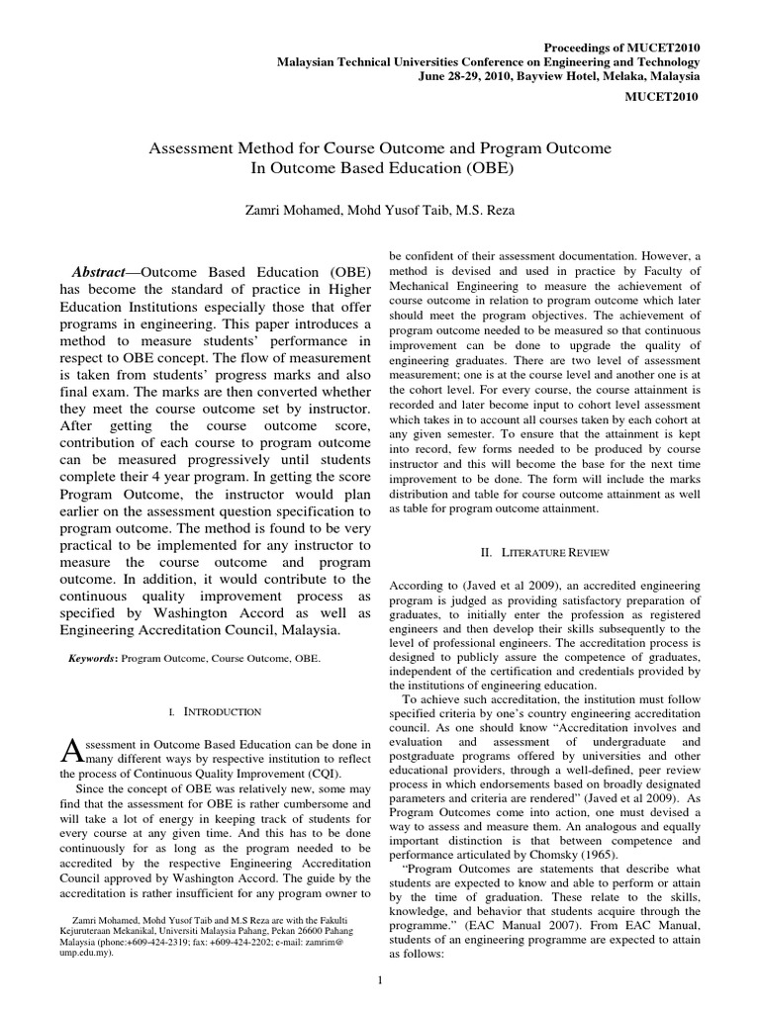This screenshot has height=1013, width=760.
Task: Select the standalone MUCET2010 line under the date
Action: click(x=664, y=96)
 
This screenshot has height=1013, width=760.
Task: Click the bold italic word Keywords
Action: click(x=83, y=656)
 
